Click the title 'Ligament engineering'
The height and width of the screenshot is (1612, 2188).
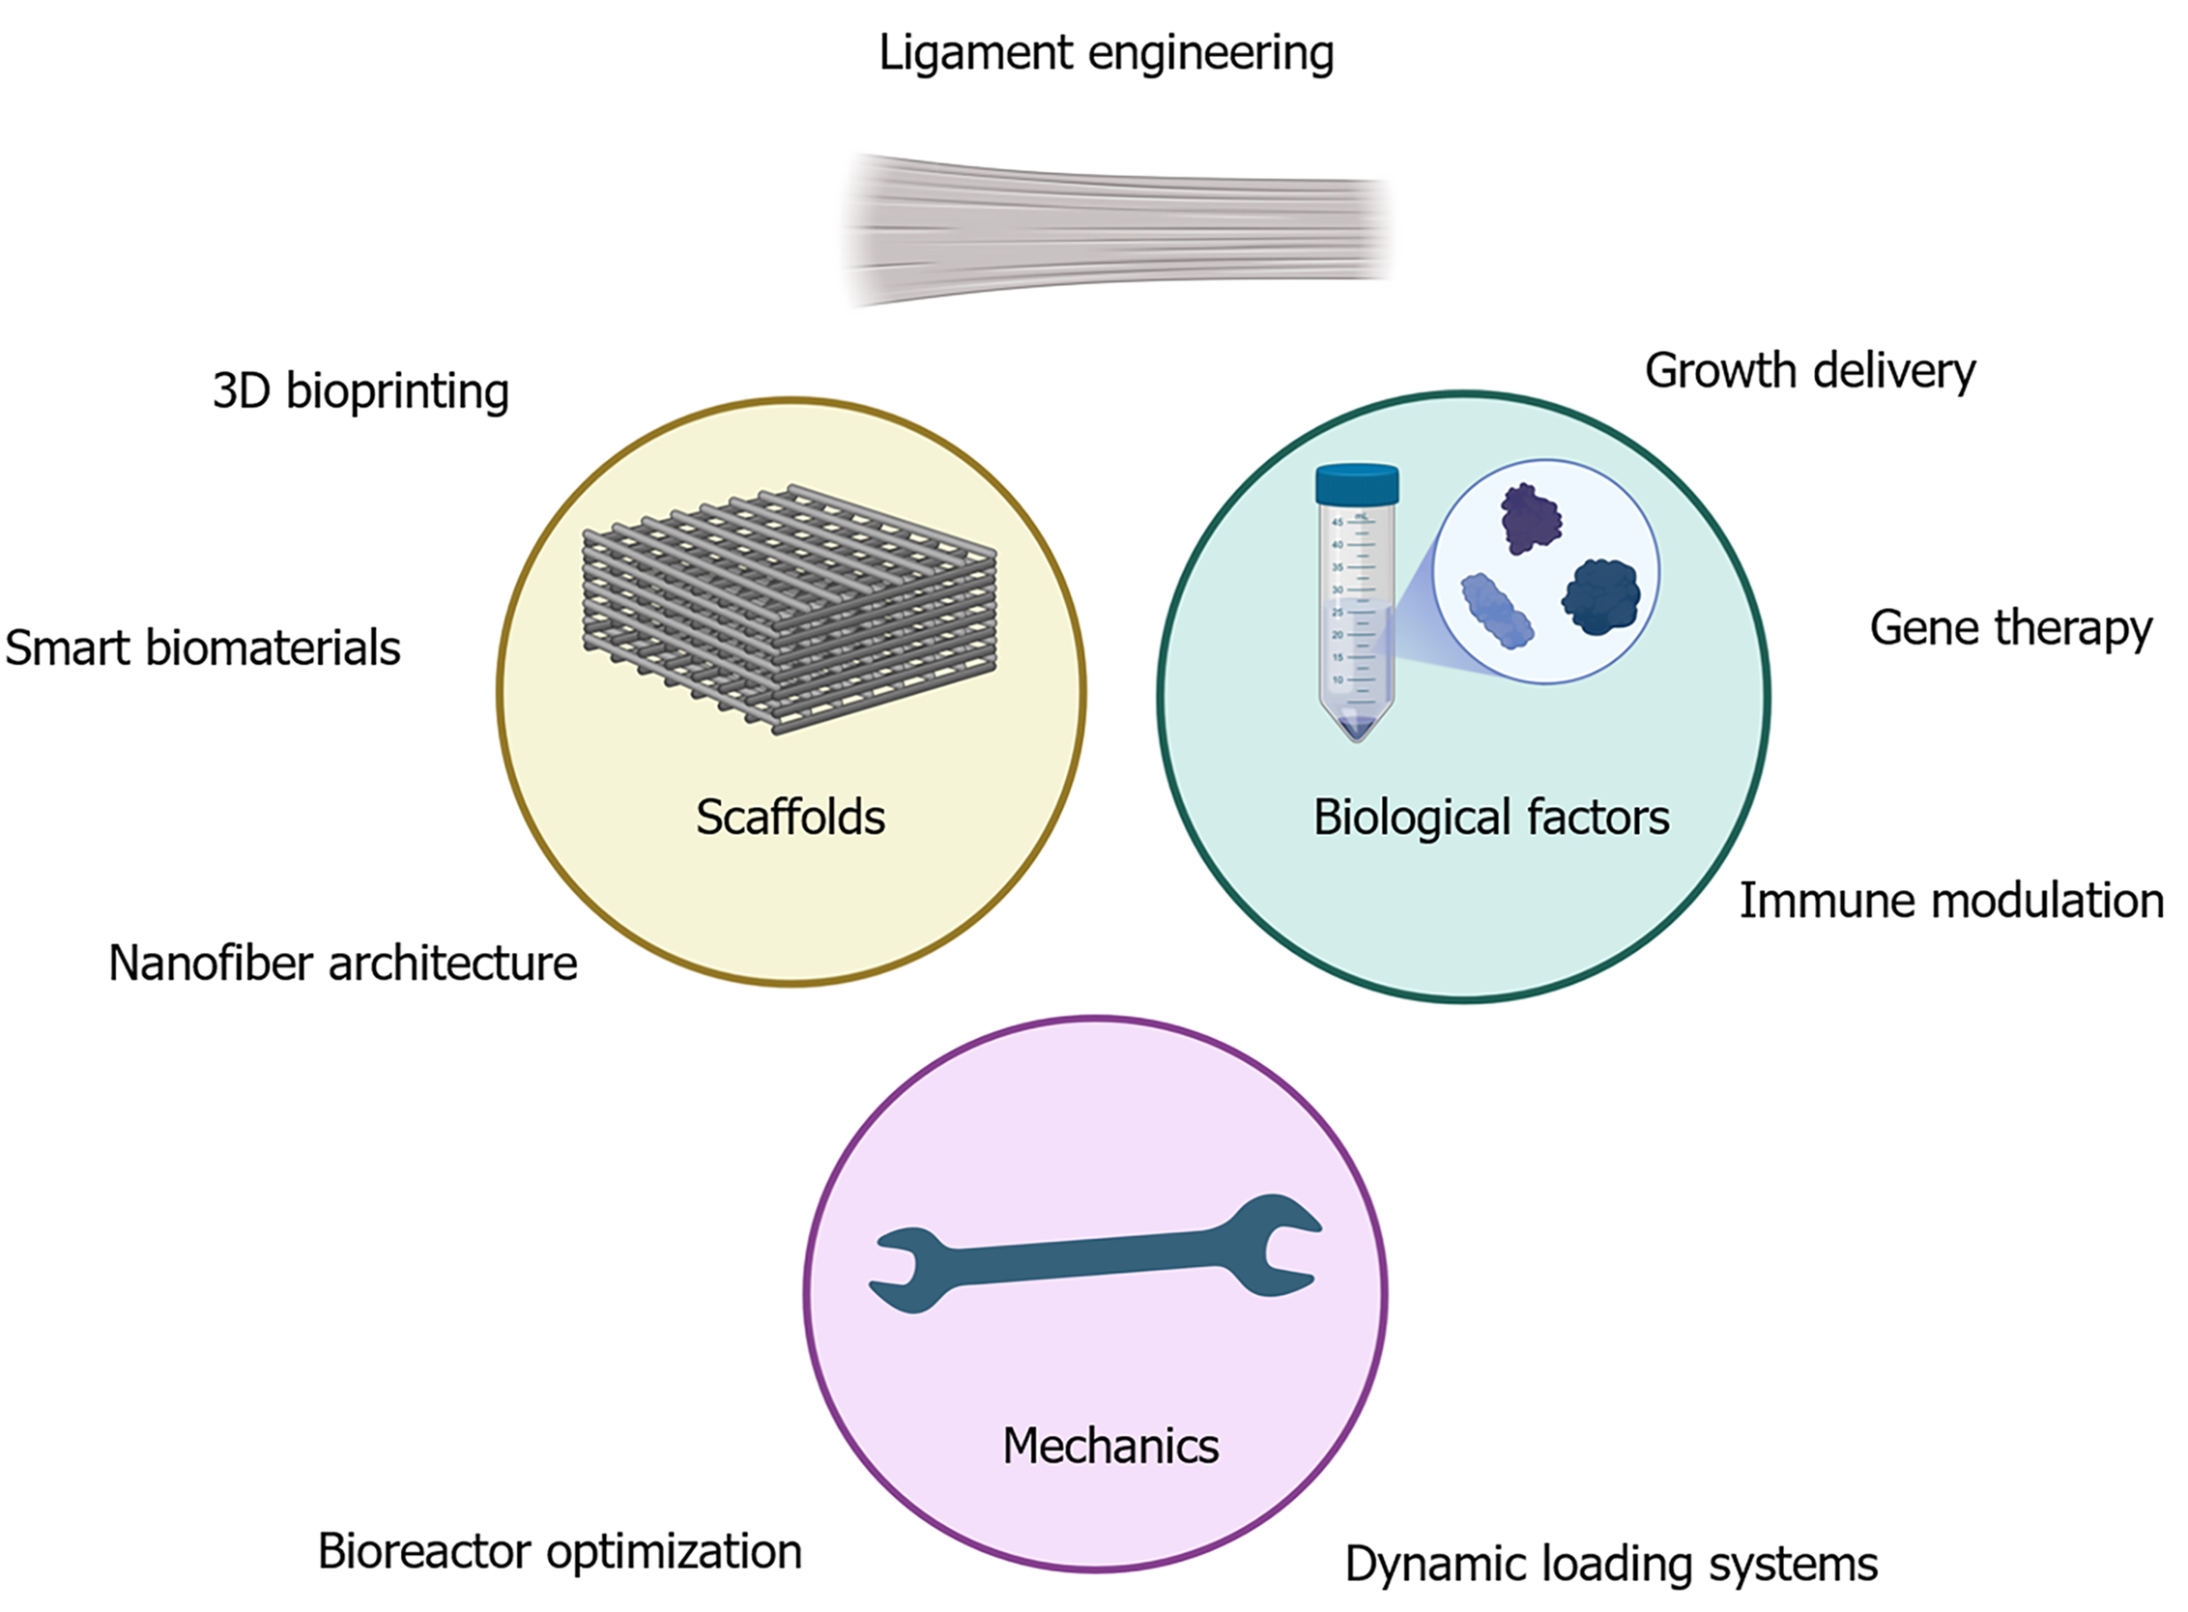point(1106,54)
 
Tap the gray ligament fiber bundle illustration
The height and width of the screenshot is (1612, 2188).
point(1117,229)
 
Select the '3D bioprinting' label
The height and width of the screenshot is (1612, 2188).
point(360,391)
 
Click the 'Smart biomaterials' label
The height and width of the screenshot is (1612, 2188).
point(203,648)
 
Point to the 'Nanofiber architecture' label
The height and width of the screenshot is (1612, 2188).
point(342,964)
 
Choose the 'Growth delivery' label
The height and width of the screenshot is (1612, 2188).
point(1809,372)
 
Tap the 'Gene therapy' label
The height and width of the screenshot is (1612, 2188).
point(2010,628)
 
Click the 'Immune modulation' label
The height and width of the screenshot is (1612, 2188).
point(1952,901)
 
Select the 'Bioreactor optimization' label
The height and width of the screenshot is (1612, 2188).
point(560,1551)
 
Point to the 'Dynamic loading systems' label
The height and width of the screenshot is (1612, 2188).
point(1611,1565)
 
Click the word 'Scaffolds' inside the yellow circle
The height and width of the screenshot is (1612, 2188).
point(791,818)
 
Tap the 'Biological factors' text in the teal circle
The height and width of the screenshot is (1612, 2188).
point(1491,818)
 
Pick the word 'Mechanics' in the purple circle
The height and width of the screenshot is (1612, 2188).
point(1110,1446)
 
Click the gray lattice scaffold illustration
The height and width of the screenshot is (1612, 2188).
point(789,610)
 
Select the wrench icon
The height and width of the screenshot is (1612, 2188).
point(1095,1255)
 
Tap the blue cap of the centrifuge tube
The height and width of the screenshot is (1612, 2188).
point(1357,484)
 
